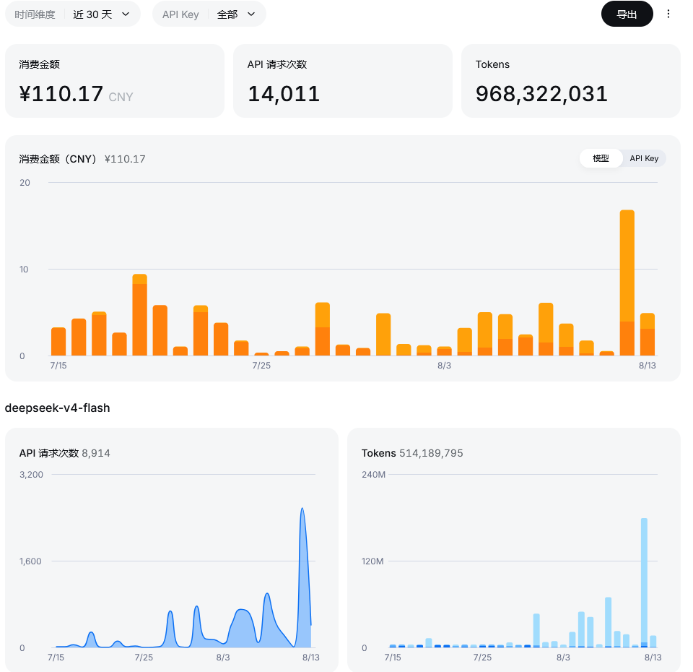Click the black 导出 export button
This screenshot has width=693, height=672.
[627, 14]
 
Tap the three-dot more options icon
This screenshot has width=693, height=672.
[668, 14]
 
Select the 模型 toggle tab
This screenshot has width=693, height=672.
[601, 158]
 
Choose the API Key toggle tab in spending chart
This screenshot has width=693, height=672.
[644, 158]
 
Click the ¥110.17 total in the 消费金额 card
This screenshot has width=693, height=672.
[61, 94]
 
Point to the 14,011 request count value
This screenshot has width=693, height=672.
[283, 94]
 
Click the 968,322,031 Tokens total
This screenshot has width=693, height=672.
[541, 94]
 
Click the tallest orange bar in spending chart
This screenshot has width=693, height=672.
[627, 283]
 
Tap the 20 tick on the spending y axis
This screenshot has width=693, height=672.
[25, 183]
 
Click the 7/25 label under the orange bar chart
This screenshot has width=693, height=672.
[261, 366]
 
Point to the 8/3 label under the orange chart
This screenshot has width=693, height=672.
[444, 366]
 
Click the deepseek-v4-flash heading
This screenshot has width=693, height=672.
[58, 408]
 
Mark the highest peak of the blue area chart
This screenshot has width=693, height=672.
[302, 508]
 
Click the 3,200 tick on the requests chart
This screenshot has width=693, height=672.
[31, 475]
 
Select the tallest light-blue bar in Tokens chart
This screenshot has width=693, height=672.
[644, 582]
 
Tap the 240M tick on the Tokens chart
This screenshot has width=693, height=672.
[373, 475]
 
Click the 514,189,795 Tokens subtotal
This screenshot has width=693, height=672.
[431, 453]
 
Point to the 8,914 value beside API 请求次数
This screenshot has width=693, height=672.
[96, 453]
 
